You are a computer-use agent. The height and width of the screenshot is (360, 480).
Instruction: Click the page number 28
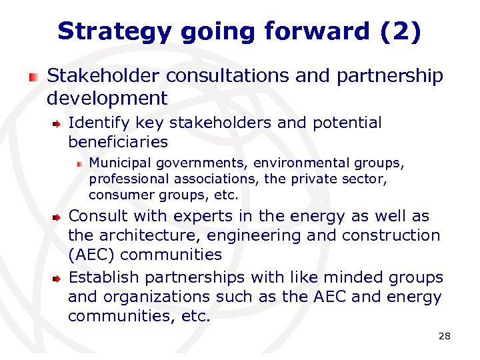coord(444,336)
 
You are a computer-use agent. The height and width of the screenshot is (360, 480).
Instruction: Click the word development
coord(107,99)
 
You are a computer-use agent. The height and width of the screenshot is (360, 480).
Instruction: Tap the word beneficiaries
coord(118,142)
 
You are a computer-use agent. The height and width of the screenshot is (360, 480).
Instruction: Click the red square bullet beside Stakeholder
coord(33,77)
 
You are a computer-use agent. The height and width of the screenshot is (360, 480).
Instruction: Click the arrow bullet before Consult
coord(57,217)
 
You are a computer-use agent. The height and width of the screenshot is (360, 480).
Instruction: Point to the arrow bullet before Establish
coord(57,278)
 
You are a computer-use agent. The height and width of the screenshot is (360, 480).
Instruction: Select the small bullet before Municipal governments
coord(79,163)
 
